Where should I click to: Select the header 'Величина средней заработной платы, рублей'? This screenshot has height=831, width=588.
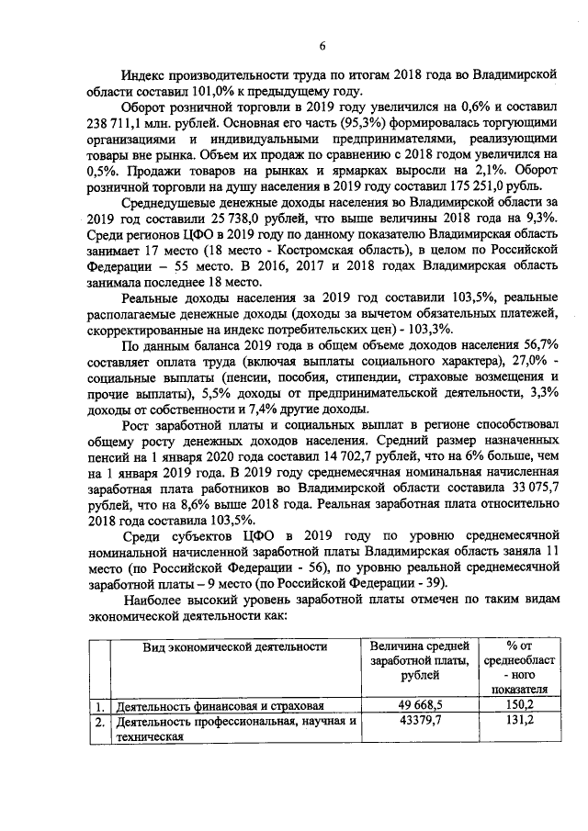pos(418,660)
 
